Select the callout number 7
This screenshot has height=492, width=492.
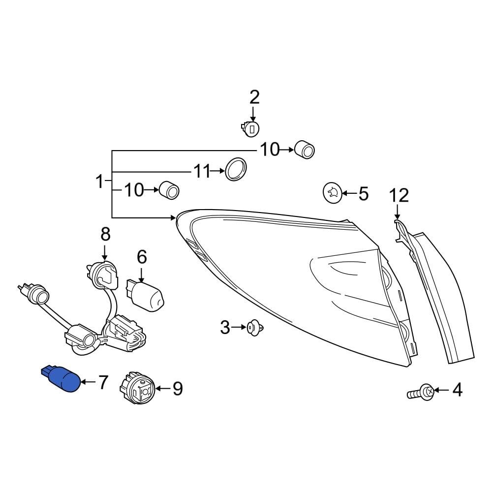[102, 382]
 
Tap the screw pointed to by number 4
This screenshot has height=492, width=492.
[421, 392]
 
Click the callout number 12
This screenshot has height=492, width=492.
[399, 196]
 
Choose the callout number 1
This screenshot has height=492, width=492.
[100, 182]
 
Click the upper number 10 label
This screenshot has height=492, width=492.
[270, 149]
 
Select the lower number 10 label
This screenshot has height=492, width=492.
[134, 189]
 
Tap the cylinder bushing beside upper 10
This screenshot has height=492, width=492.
[305, 150]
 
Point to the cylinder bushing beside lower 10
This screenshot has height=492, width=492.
[169, 190]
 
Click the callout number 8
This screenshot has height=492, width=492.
[106, 234]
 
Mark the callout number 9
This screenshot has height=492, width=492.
[177, 389]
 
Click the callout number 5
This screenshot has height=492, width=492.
[363, 194]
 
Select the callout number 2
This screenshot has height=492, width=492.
[254, 97]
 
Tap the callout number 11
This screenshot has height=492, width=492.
[202, 172]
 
